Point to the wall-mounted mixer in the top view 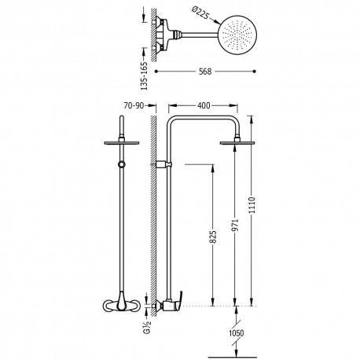pos(168,35)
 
